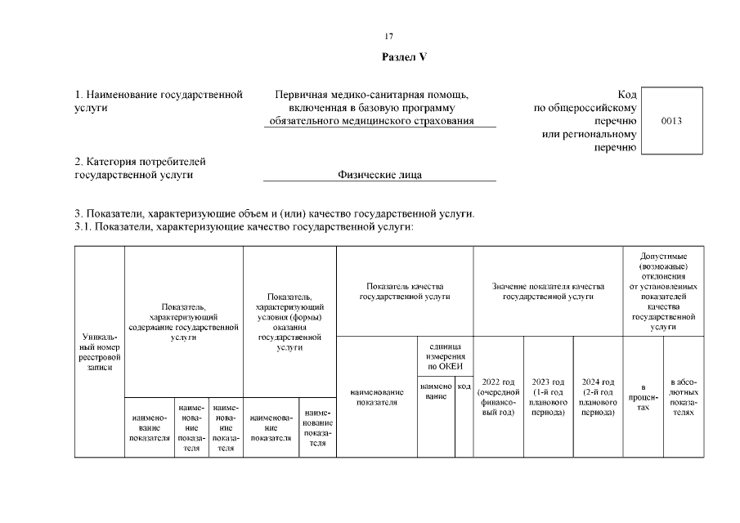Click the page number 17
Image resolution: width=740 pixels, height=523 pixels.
click(x=389, y=36)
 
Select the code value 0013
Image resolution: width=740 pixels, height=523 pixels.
click(x=671, y=121)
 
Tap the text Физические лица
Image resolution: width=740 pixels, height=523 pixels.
click(x=380, y=174)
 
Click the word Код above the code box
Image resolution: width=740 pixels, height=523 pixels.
click(x=627, y=95)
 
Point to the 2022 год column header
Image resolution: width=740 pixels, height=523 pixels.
click(x=498, y=396)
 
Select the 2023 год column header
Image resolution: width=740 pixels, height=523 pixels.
click(x=548, y=396)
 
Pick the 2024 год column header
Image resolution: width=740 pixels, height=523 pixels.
click(x=598, y=396)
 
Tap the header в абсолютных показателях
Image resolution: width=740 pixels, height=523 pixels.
click(x=684, y=396)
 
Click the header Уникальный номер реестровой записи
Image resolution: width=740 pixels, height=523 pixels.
click(x=99, y=351)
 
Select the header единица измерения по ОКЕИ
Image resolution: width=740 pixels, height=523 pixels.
click(x=445, y=356)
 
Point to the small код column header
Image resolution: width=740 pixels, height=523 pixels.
click(x=464, y=386)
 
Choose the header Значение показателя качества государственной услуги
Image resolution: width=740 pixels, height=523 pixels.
click(x=547, y=292)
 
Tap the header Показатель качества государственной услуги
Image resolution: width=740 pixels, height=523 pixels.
click(x=405, y=292)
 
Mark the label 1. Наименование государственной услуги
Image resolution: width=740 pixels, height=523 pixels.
click(x=158, y=101)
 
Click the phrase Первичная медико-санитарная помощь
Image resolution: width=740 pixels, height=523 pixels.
click(x=372, y=95)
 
